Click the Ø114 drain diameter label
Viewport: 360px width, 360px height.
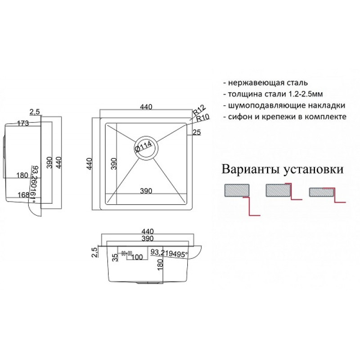144,147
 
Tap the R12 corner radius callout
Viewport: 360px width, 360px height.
199,111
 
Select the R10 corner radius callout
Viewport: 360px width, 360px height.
203,118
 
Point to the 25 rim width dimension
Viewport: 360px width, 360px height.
197,132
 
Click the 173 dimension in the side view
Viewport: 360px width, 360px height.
23,123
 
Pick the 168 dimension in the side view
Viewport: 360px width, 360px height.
24,195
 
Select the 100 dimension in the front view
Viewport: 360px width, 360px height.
137,257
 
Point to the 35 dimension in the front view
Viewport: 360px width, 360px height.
116,257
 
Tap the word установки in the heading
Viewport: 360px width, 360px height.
313,170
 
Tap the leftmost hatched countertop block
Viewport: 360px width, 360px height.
237,190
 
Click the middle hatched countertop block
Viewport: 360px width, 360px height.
278,190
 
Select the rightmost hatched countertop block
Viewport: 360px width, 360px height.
321,193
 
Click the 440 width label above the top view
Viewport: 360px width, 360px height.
146,107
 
